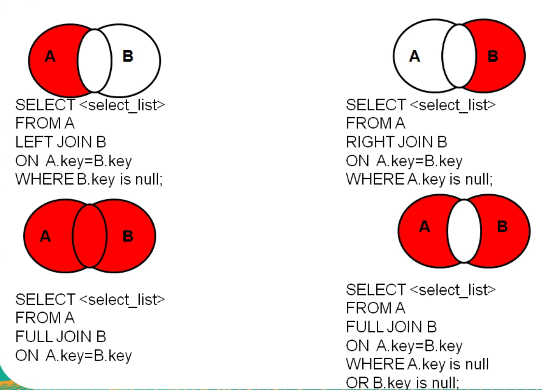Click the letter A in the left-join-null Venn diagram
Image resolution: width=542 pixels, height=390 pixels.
pos(50,57)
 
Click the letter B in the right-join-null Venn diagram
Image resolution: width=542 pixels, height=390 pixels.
pos(493,56)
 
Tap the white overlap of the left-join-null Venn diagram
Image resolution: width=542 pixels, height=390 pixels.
pos(95,61)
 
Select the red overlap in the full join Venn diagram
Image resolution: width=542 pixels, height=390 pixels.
pos(90,236)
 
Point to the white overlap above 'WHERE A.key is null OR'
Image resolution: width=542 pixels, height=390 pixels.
pos(464,231)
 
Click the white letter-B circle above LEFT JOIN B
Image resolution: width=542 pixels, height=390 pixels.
pos(135,61)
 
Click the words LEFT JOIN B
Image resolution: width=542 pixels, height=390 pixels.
pos(61,142)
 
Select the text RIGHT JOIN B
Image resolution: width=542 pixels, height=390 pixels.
pos(397,142)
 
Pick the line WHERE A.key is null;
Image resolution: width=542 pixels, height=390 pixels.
pos(419,179)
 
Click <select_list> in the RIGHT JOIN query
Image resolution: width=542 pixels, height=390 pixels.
pos(452,105)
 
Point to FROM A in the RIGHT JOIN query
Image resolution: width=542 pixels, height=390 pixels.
pos(376,123)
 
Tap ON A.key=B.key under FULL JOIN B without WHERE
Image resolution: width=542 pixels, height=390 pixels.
pos(74,356)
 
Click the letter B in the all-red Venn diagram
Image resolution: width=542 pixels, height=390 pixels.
pos(128,236)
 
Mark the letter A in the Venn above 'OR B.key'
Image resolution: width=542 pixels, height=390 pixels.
pos(424,226)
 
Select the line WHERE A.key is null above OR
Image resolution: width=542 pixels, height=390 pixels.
pos(417,364)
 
